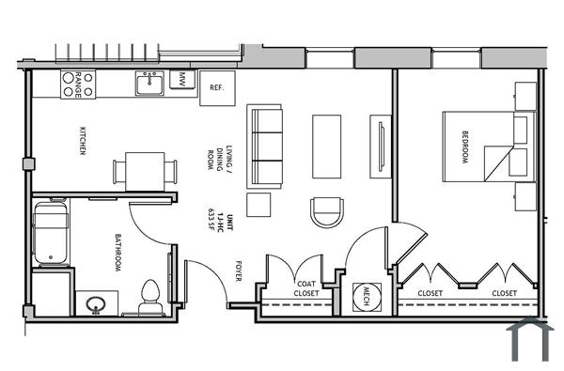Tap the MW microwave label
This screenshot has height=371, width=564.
click(x=183, y=79)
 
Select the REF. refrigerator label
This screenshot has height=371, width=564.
click(x=215, y=87)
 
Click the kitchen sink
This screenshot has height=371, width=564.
click(x=149, y=85)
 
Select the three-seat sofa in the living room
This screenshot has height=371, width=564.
click(x=266, y=145)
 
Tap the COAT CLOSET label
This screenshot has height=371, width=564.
click(x=306, y=288)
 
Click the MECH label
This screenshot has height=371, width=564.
click(x=359, y=296)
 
